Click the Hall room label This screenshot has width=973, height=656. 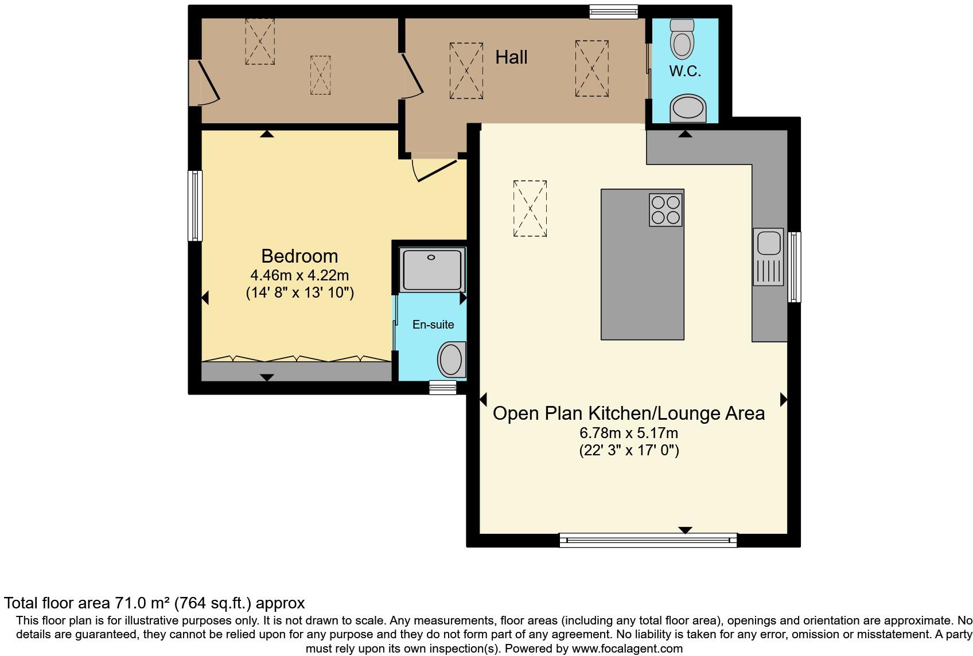pos(511,57)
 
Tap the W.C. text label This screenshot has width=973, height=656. pos(685,72)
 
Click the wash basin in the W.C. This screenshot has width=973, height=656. pos(688,108)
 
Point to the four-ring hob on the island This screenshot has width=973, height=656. pos(665,210)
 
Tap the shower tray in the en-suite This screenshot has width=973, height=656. pos(432,270)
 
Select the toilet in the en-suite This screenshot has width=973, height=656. pos(451,359)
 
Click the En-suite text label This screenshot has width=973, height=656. pos(433,325)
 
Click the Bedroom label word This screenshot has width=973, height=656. pos(299,256)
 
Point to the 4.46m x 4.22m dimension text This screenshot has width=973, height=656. pos(299,275)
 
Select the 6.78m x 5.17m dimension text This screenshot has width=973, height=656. pos(629,433)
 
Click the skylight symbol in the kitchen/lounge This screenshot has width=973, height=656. pos(530,208)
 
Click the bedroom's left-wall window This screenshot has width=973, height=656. pos(196,205)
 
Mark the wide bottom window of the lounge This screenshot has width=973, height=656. pos(648,540)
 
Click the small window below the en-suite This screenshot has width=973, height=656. pos(443,388)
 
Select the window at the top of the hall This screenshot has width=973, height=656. pos(613,11)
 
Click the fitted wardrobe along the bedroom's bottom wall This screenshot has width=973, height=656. pos(296,371)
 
